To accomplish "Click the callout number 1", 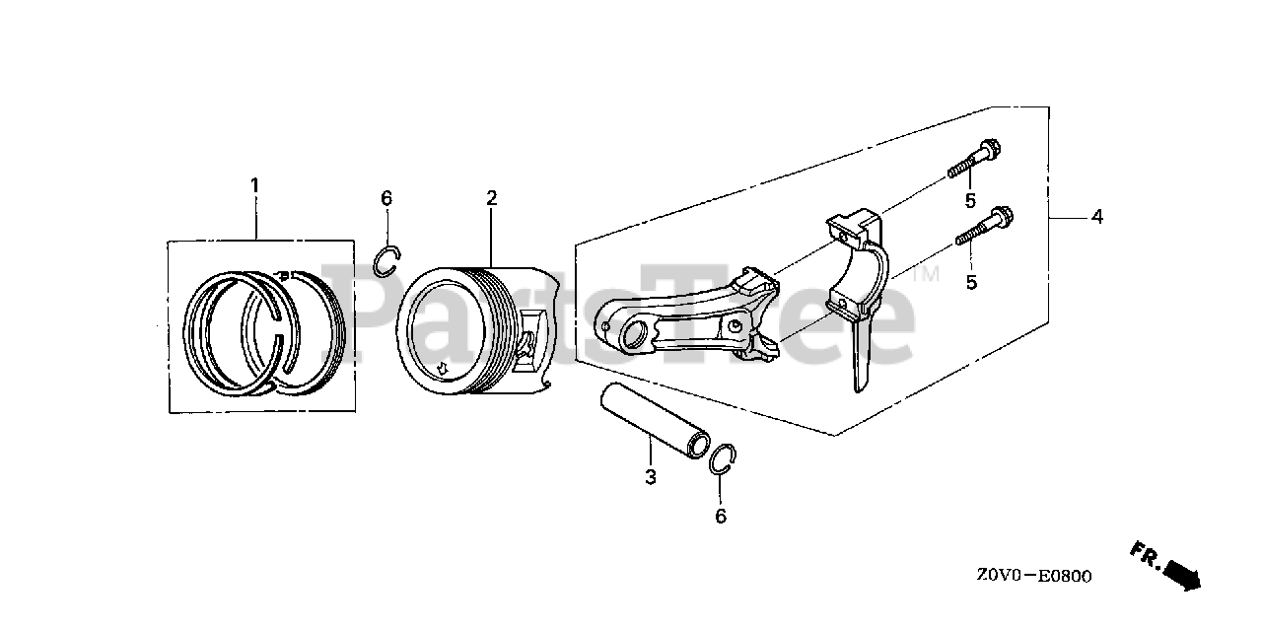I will point(254,185).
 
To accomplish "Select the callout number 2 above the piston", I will point(491,198).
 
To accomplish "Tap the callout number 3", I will point(651,478).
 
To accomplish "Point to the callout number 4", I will point(1096,217).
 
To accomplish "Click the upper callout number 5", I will point(970,201).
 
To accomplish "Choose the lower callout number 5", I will point(970,281).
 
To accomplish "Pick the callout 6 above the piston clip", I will point(386,198).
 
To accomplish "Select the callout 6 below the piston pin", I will point(721,515).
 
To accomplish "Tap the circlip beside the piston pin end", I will point(724,460).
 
